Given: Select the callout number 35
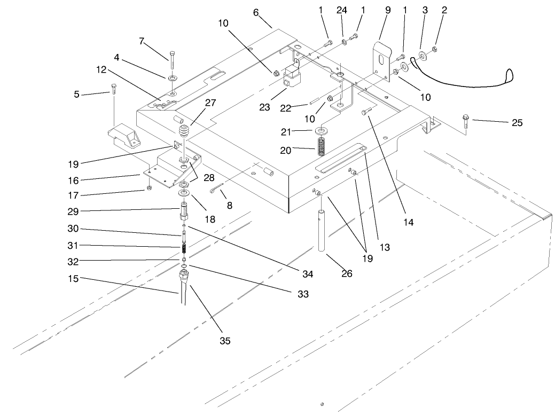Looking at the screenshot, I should (x=225, y=341).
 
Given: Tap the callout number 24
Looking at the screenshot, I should (x=342, y=10).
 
